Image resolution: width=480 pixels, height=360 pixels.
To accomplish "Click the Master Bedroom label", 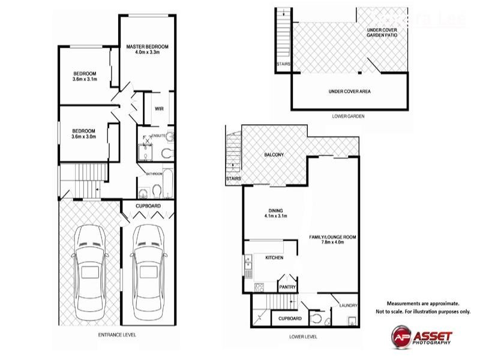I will [147, 47].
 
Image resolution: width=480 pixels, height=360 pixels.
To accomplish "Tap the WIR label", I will [159, 109].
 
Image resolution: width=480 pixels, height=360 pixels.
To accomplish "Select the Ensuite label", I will [158, 136].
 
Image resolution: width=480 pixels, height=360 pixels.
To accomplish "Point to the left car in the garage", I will [90, 273].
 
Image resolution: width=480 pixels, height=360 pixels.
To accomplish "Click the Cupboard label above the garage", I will [148, 206].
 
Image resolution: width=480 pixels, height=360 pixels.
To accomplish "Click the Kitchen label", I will [274, 257].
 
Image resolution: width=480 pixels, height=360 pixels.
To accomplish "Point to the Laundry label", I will [349, 305].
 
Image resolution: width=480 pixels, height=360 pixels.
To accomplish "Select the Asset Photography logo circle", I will [401, 337].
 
